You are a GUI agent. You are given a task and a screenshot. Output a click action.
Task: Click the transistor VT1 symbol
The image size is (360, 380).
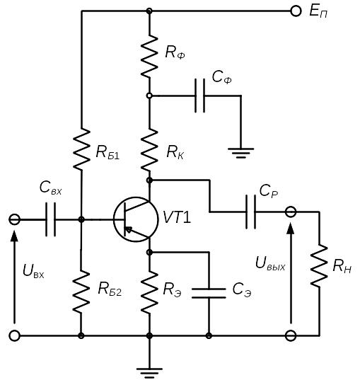pos(136,219)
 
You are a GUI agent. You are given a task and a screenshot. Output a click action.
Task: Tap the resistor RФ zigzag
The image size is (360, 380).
pos(149,56)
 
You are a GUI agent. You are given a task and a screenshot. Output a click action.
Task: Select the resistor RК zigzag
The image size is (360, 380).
pos(149,150)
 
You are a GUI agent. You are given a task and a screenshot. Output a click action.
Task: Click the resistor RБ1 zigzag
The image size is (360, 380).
pos(81,149)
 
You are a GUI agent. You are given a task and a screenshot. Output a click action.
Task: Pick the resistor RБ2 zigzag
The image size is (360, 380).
pos(81,292)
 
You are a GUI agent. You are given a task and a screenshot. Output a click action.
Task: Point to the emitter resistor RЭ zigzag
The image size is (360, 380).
pos(149,292)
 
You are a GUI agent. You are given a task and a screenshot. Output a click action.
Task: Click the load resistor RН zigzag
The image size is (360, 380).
pos(319,265)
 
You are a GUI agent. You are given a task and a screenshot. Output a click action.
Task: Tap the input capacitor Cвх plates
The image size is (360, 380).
pos(51,219)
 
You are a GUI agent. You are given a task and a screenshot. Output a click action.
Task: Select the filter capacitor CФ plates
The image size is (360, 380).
pos(200,96)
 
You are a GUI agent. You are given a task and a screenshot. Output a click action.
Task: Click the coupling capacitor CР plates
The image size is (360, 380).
pos(250,212)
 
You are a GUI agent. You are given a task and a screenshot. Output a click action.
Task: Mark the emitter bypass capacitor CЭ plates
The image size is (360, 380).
pos(209,293)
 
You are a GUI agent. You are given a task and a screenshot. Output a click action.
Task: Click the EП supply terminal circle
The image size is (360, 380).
pos(296,11)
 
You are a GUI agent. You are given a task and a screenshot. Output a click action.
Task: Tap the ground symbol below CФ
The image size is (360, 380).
pos(240,153)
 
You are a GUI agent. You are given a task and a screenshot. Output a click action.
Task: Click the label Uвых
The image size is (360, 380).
pos(270,264)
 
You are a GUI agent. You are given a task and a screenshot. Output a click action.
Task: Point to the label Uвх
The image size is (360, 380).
pos(33,271)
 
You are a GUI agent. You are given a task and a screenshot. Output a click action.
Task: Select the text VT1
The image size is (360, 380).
pos(177,217)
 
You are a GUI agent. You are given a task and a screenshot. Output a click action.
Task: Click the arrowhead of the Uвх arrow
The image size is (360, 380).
pos(15,235)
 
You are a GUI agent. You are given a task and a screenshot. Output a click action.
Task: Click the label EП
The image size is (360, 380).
pos(318,11)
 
